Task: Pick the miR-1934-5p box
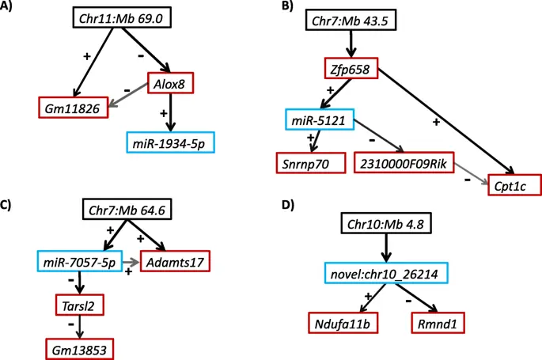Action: [x=171, y=143]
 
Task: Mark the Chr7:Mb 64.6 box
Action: [x=126, y=213]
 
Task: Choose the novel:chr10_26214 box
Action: [x=385, y=274]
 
